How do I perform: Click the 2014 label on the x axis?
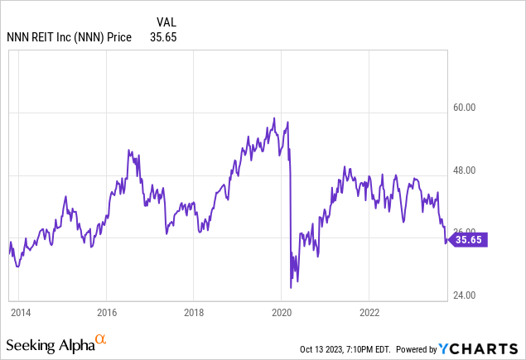click(x=20, y=313)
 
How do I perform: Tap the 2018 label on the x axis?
click(x=194, y=313)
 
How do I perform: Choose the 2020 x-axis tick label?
click(x=282, y=313)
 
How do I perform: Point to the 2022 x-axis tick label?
click(x=369, y=313)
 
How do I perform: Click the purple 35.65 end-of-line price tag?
click(x=469, y=240)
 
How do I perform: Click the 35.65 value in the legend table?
click(x=162, y=36)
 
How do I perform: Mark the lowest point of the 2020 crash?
click(x=291, y=287)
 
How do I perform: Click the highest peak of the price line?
click(x=274, y=118)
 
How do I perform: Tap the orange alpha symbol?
click(x=101, y=339)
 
